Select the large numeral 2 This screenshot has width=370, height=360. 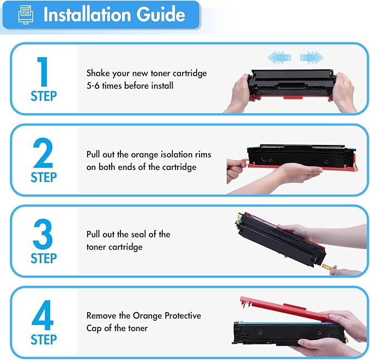pos(43,151)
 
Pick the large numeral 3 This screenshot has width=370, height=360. pos(43,233)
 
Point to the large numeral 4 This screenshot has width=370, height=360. pos(43,314)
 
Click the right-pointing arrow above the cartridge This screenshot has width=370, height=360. pos(311,57)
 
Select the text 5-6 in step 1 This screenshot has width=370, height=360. pos(94,85)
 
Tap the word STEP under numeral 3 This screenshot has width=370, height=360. pos(43,259)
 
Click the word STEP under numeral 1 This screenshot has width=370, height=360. pos(43,96)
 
